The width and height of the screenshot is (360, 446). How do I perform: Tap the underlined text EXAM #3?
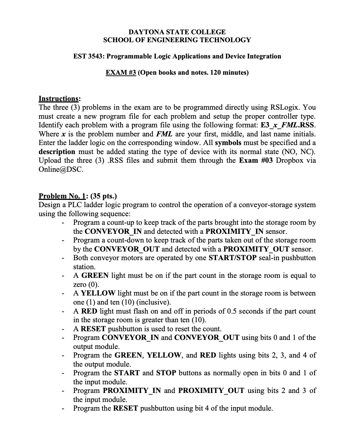click(120, 73)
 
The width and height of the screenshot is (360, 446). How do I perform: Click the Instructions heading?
click(59, 99)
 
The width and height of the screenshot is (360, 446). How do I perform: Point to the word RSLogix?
click(285, 108)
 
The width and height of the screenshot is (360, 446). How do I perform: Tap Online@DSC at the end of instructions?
click(61, 169)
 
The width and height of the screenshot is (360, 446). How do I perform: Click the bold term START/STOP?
click(232, 258)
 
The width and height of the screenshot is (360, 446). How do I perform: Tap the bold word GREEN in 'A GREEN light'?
click(95, 276)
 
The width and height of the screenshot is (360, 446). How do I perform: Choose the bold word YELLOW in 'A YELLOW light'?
click(98, 293)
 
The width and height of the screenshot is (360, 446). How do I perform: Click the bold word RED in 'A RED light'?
click(89, 311)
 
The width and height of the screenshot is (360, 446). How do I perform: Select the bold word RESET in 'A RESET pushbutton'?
click(93, 329)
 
